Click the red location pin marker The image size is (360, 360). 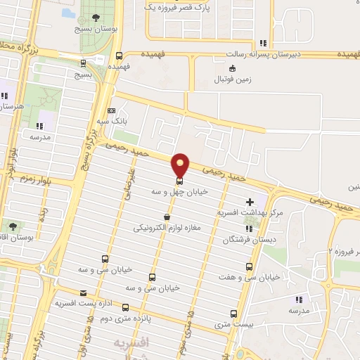point(181,165)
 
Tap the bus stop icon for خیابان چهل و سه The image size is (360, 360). point(179,179)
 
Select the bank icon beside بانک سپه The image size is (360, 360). point(111,110)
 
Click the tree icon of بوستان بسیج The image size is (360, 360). point(96,18)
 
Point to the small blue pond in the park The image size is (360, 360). point(67,13)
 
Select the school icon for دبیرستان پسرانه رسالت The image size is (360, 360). point(262,42)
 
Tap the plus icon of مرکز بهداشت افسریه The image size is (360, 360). point(260,202)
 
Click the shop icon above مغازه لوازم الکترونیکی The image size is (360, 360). point(166,217)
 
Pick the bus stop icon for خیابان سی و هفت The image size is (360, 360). point(249,266)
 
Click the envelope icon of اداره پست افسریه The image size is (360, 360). point(84,293)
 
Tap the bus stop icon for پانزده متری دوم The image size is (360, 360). point(126,307)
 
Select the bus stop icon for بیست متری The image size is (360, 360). point(234,314)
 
